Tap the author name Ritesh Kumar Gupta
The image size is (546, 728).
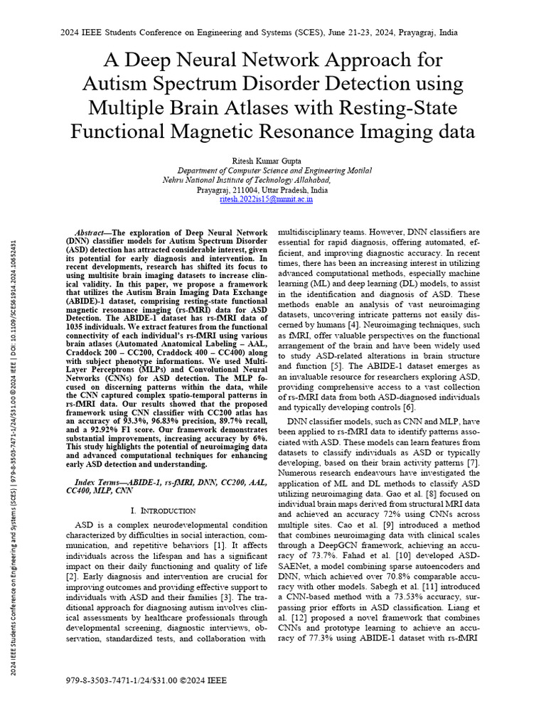(x=273, y=161)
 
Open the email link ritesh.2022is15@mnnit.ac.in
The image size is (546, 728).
(x=267, y=200)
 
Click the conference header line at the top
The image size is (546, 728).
(x=273, y=33)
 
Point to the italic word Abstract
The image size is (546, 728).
(x=92, y=232)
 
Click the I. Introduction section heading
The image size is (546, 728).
(x=164, y=510)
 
